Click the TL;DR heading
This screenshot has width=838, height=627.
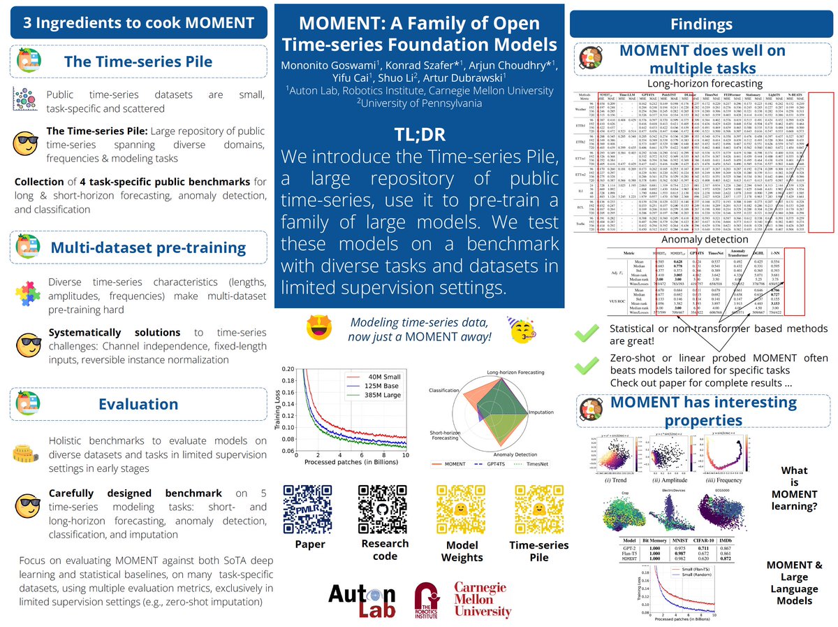tap(418, 135)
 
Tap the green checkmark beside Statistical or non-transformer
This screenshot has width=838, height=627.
tap(584, 335)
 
